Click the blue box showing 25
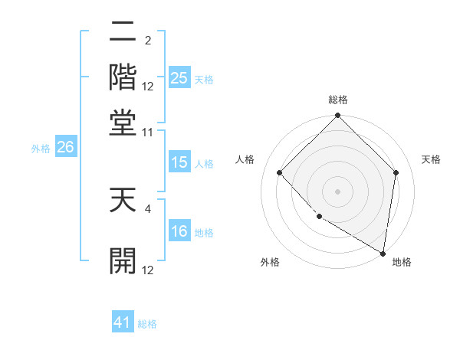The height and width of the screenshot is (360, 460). (x=179, y=77)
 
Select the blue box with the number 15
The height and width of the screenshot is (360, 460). (x=179, y=162)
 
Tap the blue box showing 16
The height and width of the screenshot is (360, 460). (x=179, y=232)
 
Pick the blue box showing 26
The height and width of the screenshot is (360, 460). (x=65, y=148)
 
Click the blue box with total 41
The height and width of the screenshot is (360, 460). (x=123, y=322)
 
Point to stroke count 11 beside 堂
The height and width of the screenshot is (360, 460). (x=147, y=133)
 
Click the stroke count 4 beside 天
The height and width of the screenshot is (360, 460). (x=149, y=205)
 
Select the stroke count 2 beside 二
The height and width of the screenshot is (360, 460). (x=148, y=41)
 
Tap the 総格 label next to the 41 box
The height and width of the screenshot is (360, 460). (x=147, y=324)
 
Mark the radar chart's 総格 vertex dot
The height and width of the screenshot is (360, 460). (x=337, y=116)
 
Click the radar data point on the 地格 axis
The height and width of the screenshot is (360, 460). (x=382, y=253)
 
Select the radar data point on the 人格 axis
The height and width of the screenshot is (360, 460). (x=280, y=172)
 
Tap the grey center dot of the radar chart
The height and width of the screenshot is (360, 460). (x=337, y=191)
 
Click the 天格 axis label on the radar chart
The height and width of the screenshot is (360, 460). (x=432, y=159)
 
